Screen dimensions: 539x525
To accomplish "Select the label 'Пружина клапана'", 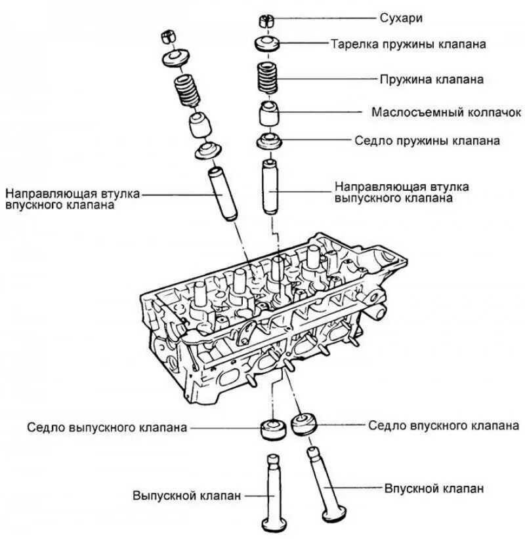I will (431, 79).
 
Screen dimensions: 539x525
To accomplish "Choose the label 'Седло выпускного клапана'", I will (107, 428).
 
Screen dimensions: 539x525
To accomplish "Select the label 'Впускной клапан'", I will (434, 489).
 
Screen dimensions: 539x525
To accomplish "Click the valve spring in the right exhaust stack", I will (268, 79).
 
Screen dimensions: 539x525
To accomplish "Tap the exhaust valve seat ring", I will (272, 429).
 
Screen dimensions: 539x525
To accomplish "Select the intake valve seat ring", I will (304, 425).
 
